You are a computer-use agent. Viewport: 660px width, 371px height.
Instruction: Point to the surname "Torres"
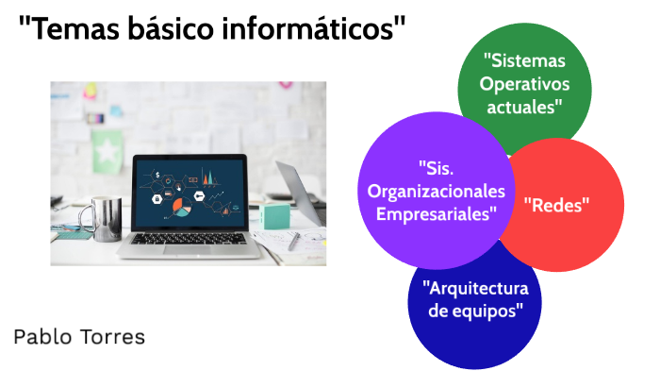coord(112,336)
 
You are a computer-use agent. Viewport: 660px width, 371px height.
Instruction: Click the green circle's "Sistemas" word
coord(525,60)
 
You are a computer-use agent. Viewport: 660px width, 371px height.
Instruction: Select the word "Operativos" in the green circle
coord(525,83)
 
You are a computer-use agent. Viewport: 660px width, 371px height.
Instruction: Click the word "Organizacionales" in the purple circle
coord(436,192)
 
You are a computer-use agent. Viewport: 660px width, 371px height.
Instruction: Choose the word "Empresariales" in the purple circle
coord(436,213)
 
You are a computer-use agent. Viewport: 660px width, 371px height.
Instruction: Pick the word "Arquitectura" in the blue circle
coord(475,287)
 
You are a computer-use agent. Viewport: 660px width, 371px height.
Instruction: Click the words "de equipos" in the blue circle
coord(475,310)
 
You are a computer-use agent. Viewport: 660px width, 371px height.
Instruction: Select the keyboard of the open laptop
coord(189,239)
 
